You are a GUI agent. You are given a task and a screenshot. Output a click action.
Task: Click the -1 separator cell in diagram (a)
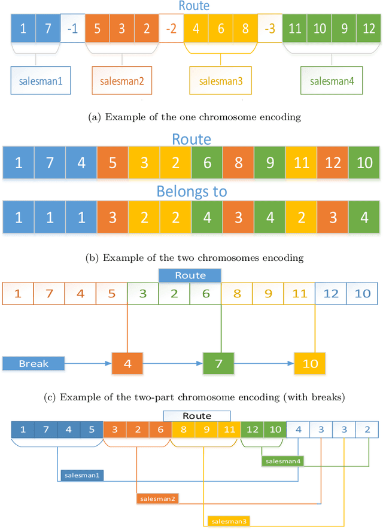(72, 29)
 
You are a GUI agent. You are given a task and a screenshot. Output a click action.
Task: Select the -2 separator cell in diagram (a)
(171, 29)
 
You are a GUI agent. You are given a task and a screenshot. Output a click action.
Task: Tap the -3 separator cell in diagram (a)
(269, 29)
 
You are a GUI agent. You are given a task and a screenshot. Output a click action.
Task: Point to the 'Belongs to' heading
(191, 191)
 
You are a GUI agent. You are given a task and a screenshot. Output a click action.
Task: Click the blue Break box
(34, 363)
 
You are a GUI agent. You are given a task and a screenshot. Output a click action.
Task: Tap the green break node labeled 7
(218, 363)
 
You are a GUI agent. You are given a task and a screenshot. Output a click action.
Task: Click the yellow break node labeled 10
(309, 363)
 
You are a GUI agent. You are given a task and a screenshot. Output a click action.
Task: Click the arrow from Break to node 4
(89, 363)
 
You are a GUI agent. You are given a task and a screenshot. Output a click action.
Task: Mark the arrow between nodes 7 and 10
(264, 363)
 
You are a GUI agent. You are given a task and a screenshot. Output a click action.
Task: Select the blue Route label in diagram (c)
(190, 275)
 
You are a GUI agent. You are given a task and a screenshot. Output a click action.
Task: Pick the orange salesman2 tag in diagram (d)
(157, 498)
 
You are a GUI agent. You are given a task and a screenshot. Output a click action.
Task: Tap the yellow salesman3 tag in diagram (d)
(229, 521)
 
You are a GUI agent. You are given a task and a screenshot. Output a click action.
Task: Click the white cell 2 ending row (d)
(367, 430)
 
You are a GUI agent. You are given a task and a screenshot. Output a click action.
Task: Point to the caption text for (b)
(191, 258)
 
